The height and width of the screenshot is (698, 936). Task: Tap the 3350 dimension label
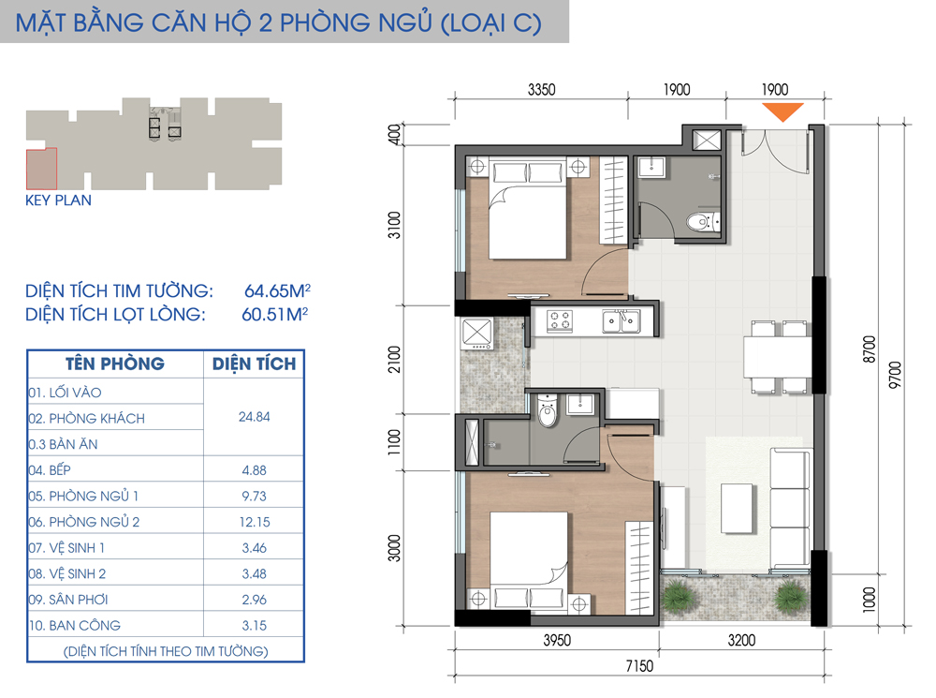(541, 90)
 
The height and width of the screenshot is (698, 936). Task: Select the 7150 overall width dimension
(639, 666)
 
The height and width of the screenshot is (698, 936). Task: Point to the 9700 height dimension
(895, 375)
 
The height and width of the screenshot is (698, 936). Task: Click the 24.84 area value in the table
(255, 417)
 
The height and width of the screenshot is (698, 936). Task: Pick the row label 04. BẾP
(49, 469)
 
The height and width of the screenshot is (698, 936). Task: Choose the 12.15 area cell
(255, 522)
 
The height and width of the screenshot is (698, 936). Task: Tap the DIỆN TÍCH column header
(255, 364)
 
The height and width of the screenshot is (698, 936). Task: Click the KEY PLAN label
(58, 200)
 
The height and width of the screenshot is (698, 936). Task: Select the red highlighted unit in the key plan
(42, 170)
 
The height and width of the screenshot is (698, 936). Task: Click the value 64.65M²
(278, 290)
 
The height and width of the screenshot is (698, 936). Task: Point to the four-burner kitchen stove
(560, 320)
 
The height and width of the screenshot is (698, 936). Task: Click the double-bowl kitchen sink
(621, 320)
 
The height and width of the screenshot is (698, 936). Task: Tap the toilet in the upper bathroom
(703, 222)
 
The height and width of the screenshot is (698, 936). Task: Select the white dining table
(777, 357)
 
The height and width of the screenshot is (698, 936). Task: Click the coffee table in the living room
(737, 508)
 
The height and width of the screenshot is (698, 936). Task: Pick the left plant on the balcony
(679, 596)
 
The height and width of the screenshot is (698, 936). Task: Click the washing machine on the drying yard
(476, 334)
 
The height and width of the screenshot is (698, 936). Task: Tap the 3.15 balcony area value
(255, 625)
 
